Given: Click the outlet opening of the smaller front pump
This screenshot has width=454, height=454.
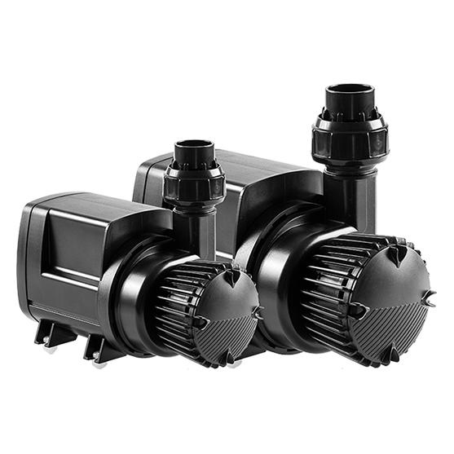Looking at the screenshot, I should tap(194, 148).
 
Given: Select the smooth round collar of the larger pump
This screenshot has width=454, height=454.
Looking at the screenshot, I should tap(281, 269).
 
